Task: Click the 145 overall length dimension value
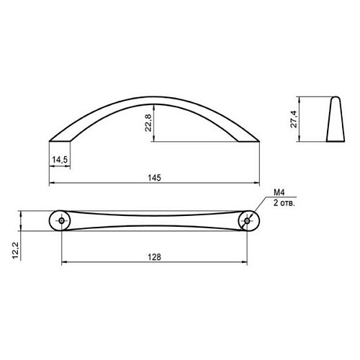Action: click(154, 178)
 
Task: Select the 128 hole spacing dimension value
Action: click(154, 257)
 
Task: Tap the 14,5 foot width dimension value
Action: click(60, 160)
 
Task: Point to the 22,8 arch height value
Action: click(148, 122)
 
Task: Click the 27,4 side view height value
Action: click(294, 119)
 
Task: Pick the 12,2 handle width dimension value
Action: click(15, 251)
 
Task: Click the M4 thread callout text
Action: click(279, 192)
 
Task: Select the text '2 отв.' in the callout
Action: click(284, 203)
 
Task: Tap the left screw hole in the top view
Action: click(62, 221)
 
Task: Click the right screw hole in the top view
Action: click(247, 221)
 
